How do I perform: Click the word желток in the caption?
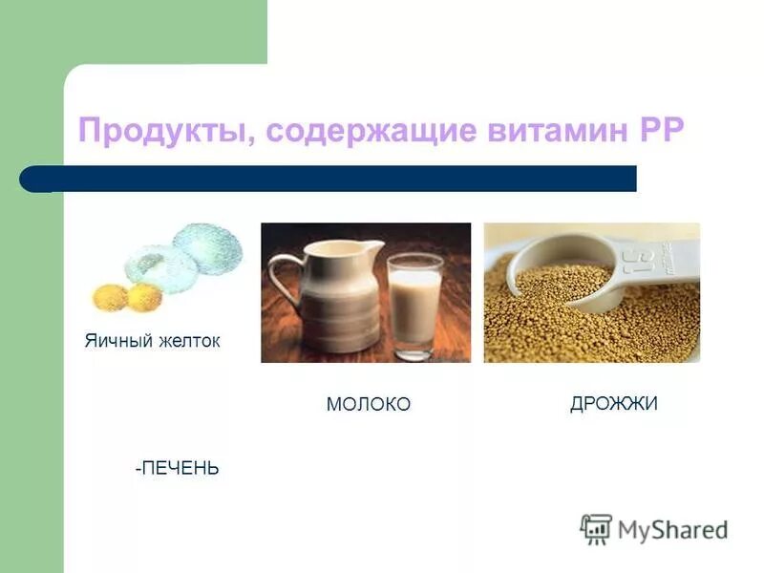pyautogui.click(x=190, y=341)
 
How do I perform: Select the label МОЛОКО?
pyautogui.click(x=368, y=405)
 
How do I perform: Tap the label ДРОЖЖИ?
pyautogui.click(x=613, y=404)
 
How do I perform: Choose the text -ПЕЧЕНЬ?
pyautogui.click(x=177, y=468)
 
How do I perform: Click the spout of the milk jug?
pyautogui.click(x=375, y=249)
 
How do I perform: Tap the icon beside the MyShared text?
pyautogui.click(x=596, y=528)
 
